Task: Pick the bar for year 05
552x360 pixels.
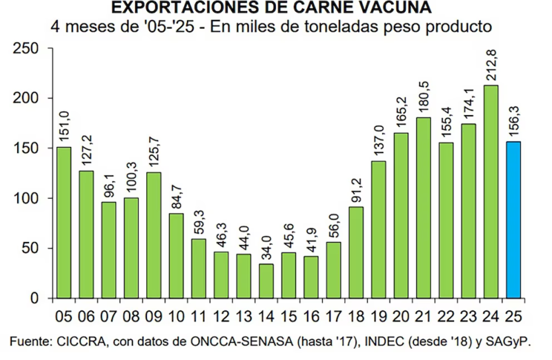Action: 63,223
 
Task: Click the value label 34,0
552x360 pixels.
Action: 266,244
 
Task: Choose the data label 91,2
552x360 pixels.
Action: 356,188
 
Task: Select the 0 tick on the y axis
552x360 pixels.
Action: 36,299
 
